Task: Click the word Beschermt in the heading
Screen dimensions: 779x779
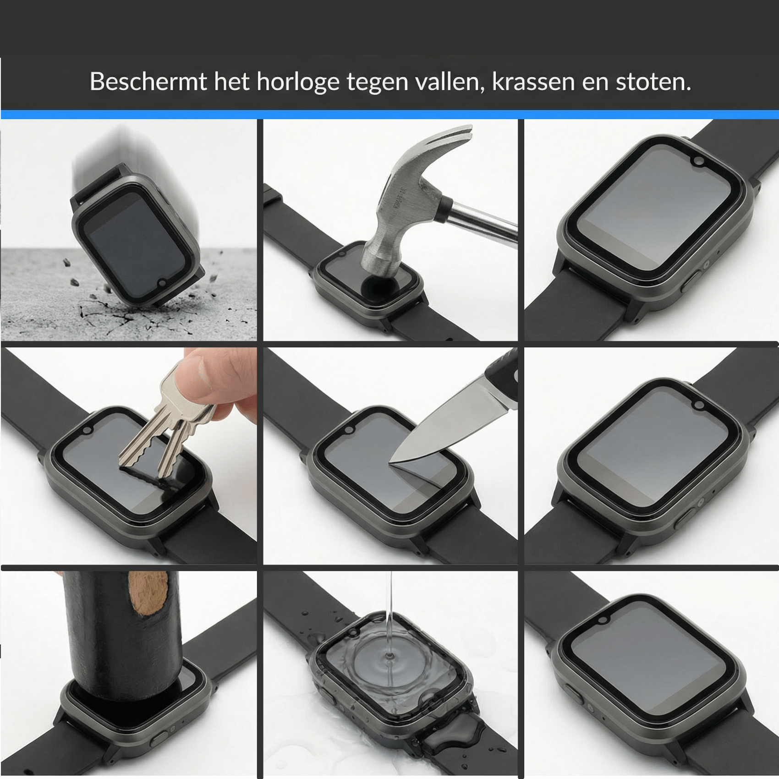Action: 148,81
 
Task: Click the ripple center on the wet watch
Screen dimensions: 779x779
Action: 389,660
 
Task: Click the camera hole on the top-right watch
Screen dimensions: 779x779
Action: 699,161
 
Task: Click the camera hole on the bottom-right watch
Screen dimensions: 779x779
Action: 603,620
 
